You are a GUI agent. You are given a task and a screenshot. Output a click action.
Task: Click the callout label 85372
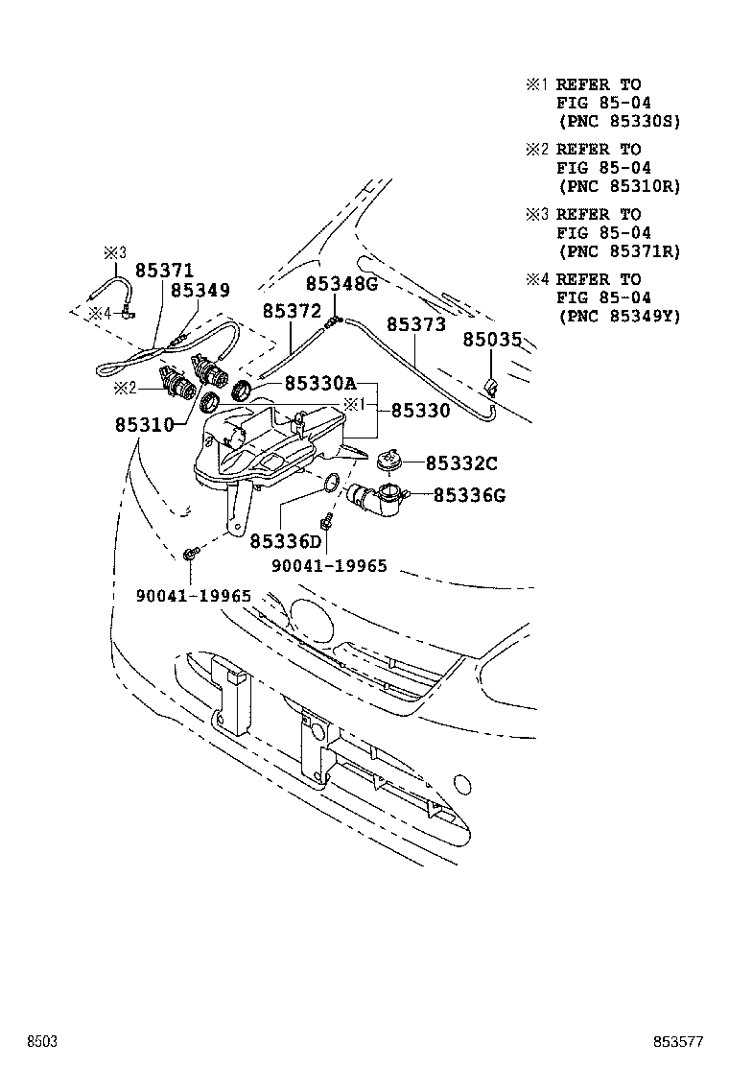tap(292, 311)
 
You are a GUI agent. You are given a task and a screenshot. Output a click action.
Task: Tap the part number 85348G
tap(342, 284)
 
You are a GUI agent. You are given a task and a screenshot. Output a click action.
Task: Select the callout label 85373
tap(417, 324)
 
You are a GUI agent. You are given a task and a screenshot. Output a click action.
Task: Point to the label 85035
tap(492, 340)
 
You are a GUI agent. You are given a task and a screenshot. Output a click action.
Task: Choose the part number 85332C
tap(461, 463)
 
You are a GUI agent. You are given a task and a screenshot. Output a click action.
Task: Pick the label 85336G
tap(469, 495)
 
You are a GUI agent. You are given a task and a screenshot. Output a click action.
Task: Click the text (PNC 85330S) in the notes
tap(618, 122)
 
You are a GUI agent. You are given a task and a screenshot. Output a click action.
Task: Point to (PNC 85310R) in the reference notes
tap(618, 187)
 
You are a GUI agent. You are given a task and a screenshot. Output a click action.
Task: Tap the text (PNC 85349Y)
tap(618, 316)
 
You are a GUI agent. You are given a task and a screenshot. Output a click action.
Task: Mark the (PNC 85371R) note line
tap(618, 251)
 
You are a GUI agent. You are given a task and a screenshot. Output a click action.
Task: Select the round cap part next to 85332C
tap(389, 461)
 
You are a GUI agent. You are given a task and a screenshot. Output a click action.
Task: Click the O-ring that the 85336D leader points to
tap(329, 483)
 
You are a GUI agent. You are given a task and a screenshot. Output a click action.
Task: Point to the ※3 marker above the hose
tap(114, 252)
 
